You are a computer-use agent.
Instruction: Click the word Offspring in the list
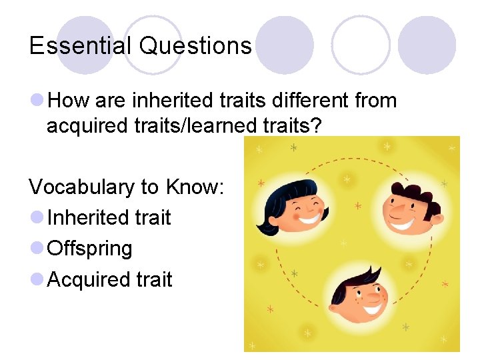pos(90,249)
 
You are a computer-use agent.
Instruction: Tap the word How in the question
pos(69,101)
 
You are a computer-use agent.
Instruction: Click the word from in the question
pos(376,101)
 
